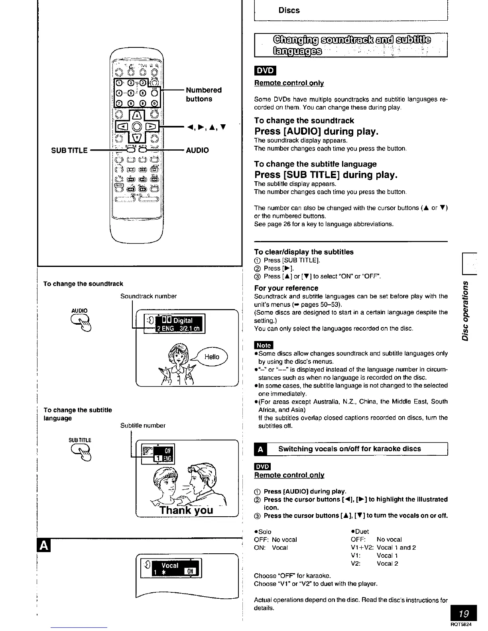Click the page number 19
[x=463, y=613]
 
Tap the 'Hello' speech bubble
[x=212, y=357]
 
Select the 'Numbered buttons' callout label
[x=203, y=94]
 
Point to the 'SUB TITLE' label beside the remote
[x=69, y=150]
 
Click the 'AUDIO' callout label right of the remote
[x=197, y=150]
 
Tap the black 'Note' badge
[x=264, y=345]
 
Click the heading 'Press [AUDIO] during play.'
[x=316, y=131]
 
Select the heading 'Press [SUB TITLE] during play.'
[x=326, y=175]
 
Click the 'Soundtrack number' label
[x=148, y=296]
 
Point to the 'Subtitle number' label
[x=143, y=425]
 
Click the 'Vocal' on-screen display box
[x=171, y=568]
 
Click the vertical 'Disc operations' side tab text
[x=464, y=311]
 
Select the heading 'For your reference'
[x=286, y=288]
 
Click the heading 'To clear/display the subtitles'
[x=303, y=252]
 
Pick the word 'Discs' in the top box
[x=289, y=10]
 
